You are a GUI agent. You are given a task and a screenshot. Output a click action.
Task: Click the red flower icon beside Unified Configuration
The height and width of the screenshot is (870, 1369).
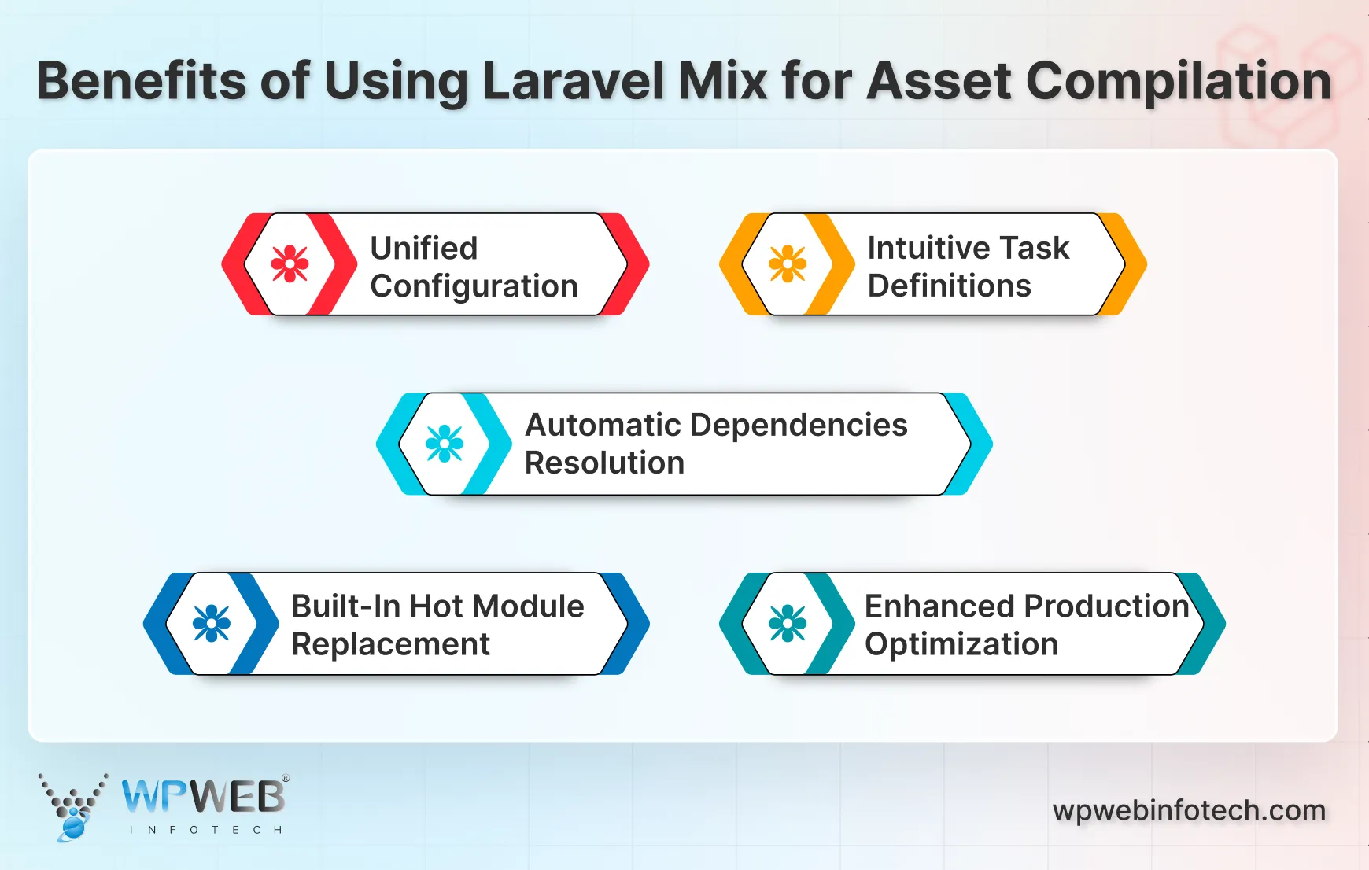pos(290,264)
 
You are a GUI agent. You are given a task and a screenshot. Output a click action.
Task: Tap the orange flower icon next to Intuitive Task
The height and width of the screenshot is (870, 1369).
pos(788,264)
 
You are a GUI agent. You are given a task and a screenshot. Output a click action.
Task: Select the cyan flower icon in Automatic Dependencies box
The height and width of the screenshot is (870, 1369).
pos(445,444)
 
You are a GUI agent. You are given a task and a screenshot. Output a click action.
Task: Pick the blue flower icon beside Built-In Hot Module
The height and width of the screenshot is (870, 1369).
pos(212,624)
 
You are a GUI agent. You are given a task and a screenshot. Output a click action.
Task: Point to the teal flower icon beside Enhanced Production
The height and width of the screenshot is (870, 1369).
pos(788,624)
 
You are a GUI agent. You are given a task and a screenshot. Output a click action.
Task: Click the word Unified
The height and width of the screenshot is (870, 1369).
pos(423,249)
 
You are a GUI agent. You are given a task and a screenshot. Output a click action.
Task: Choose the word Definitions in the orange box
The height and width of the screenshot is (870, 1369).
pos(948,286)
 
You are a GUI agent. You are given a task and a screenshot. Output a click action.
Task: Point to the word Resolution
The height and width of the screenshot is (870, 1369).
pos(604,463)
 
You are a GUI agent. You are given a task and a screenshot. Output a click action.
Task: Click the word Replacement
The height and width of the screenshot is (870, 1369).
pos(390,644)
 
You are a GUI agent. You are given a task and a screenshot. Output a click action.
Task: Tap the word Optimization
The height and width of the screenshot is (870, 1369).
pos(961,644)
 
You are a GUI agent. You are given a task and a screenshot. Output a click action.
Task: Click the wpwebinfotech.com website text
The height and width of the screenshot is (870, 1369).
pos(1189,810)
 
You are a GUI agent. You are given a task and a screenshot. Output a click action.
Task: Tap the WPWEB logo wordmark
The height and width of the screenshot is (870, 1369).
pos(203,797)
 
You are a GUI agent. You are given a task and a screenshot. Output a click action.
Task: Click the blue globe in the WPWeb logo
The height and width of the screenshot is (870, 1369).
pos(74,826)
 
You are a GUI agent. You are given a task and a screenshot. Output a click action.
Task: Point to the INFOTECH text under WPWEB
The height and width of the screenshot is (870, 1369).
pos(205,830)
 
